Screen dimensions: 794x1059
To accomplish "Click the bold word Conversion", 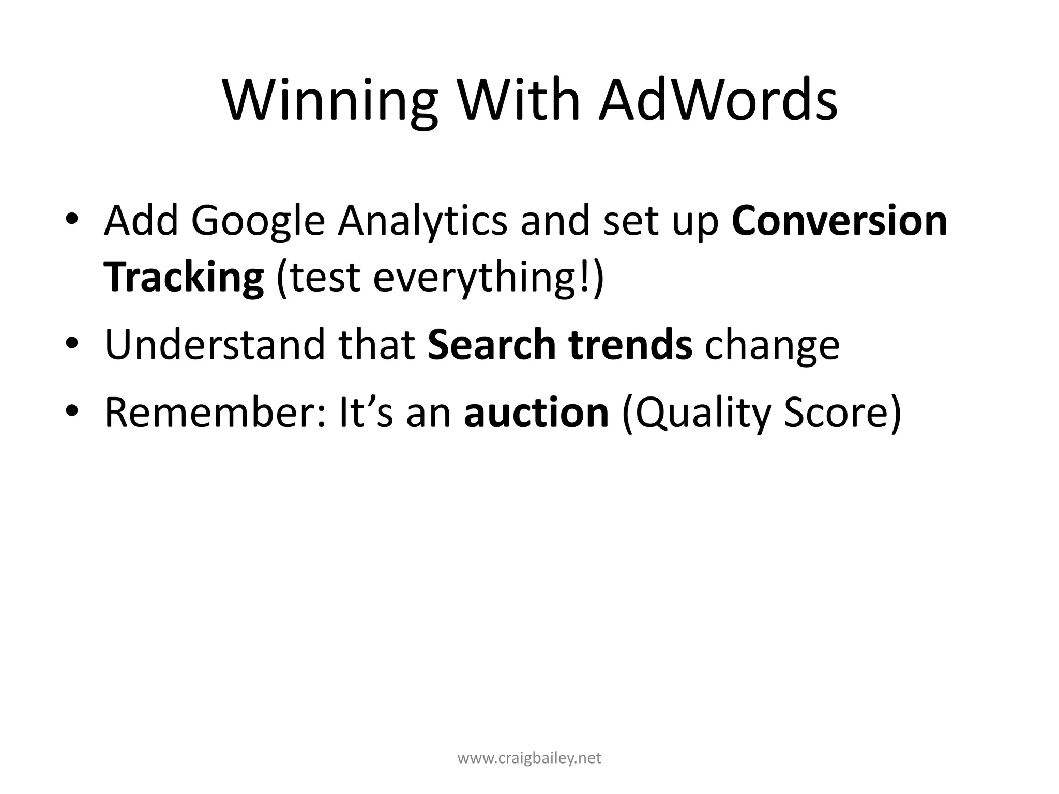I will [839, 221].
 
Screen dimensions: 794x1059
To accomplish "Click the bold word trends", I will [630, 345].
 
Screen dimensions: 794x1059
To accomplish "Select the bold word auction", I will [536, 413].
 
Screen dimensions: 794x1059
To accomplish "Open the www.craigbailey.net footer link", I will [529, 758].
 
